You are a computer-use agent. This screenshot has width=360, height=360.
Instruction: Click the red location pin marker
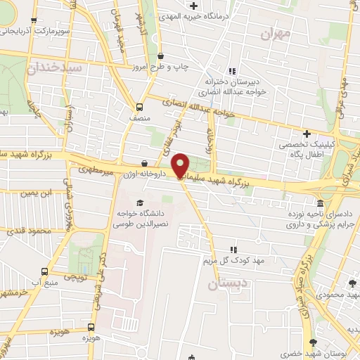coord(181,165)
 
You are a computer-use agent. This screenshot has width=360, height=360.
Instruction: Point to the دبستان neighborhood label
coord(225,284)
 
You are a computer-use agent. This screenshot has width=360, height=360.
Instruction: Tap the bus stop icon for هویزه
coord(91,328)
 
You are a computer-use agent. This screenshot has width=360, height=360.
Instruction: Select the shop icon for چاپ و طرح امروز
coord(161,56)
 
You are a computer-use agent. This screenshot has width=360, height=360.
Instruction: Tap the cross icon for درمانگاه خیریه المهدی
coord(193,6)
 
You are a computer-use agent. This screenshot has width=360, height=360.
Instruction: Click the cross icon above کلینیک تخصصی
coord(307,134)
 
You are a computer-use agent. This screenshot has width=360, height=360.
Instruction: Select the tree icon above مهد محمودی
coord(352,283)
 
